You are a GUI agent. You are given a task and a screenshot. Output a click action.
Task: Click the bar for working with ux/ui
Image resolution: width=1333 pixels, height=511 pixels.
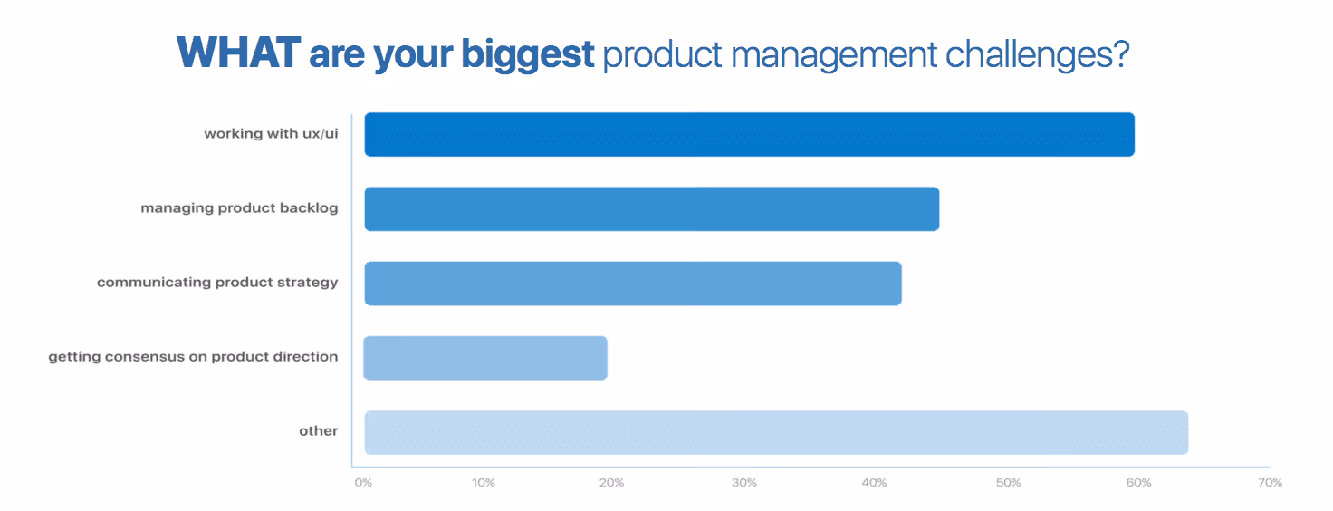(x=749, y=134)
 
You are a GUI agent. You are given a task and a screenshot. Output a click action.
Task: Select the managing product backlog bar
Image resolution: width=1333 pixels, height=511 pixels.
(x=651, y=208)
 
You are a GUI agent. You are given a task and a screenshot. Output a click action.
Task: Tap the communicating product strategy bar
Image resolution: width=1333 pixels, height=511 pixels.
(x=632, y=284)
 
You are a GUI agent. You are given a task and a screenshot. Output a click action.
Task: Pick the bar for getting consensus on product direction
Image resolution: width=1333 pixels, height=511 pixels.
(x=485, y=358)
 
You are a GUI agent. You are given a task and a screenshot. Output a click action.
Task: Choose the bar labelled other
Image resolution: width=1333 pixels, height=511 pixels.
(x=776, y=432)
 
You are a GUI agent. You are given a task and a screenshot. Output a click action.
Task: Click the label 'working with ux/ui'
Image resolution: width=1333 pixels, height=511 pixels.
(x=271, y=134)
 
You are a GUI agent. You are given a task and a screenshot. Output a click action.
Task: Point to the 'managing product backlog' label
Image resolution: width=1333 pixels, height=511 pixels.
(x=239, y=208)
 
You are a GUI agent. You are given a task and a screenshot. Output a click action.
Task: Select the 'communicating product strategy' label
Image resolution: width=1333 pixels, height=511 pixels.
(x=217, y=283)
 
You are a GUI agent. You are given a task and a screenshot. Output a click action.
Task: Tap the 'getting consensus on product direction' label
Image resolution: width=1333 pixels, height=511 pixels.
(x=193, y=357)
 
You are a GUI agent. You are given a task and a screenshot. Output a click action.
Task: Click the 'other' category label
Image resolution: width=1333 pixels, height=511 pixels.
(x=318, y=431)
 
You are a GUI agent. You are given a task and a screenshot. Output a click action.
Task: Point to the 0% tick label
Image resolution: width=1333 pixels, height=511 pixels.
(x=363, y=483)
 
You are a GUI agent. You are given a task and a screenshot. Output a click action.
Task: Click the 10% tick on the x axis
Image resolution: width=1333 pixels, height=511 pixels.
(x=483, y=483)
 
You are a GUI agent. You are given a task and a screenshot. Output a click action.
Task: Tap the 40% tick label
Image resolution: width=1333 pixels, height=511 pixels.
(x=874, y=483)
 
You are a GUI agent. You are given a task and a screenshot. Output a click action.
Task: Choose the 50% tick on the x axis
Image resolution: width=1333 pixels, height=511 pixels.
(x=1008, y=483)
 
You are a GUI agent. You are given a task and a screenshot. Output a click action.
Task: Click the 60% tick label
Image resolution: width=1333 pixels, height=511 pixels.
(x=1138, y=483)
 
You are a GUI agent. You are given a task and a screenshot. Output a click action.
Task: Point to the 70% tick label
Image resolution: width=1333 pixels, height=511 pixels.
(x=1270, y=483)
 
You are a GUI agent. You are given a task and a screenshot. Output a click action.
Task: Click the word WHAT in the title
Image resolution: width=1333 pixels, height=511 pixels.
(x=237, y=53)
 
